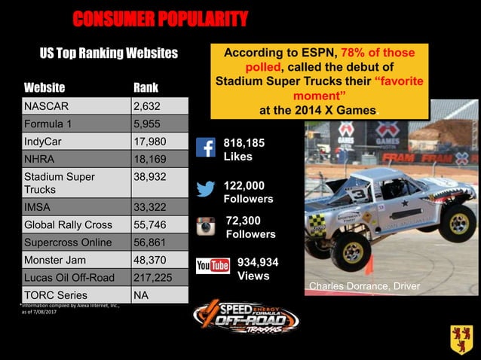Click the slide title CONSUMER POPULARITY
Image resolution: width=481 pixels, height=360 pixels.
(160, 19)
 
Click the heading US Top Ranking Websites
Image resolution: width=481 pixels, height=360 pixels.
(109, 53)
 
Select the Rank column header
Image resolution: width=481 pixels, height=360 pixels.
(146, 87)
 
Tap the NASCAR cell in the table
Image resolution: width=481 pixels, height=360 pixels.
(74, 105)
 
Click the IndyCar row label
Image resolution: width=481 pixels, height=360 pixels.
(74, 142)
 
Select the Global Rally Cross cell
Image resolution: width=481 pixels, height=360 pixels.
(74, 224)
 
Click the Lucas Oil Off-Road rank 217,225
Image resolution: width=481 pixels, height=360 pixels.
(155, 278)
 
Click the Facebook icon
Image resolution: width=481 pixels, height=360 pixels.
(206, 148)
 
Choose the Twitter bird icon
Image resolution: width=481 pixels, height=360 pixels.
(206, 188)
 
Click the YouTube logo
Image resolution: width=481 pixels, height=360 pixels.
(213, 266)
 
